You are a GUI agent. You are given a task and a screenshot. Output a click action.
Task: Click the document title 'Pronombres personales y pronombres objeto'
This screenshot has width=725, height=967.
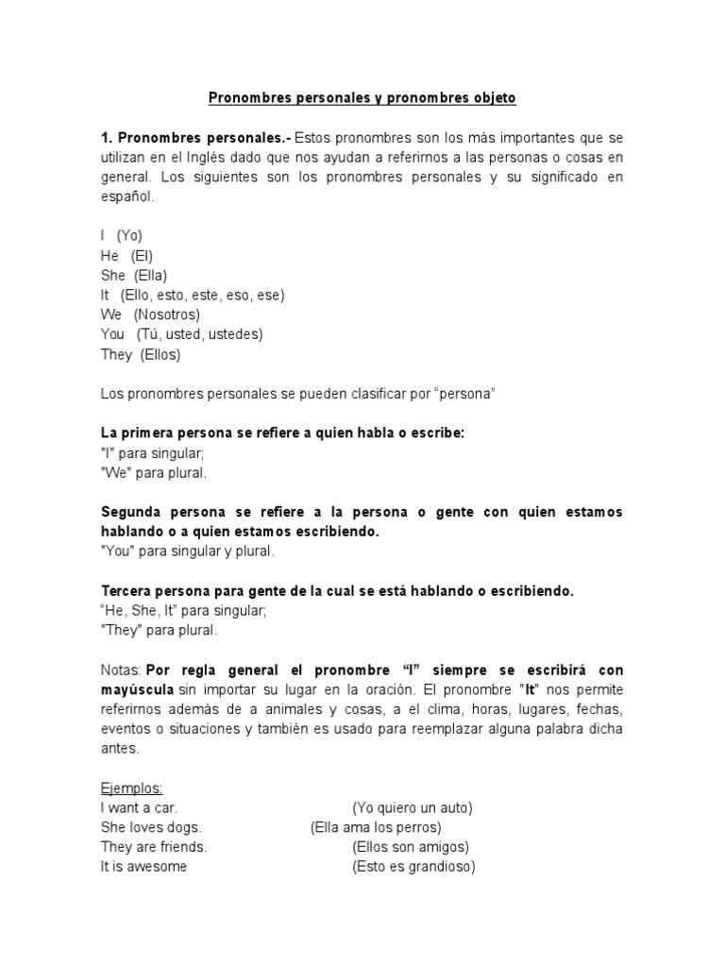pyautogui.click(x=362, y=97)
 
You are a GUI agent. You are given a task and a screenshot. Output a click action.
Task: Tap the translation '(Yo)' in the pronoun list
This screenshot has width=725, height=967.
pyautogui.click(x=129, y=235)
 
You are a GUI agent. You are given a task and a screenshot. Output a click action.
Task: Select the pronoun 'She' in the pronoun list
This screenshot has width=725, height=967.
pyautogui.click(x=113, y=275)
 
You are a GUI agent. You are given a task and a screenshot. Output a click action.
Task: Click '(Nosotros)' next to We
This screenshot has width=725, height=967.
pyautogui.click(x=166, y=314)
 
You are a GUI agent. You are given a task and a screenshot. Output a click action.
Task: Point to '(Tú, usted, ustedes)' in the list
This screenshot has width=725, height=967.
pyautogui.click(x=199, y=334)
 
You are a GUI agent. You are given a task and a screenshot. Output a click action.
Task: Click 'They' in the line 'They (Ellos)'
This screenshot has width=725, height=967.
pyautogui.click(x=116, y=354)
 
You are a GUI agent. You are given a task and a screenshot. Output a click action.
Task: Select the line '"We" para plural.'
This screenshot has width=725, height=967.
pyautogui.click(x=154, y=472)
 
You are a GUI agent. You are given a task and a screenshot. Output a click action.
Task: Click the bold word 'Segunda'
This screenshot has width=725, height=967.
pyautogui.click(x=130, y=512)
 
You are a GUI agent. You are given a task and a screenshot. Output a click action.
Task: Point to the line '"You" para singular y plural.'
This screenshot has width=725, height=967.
pyautogui.click(x=187, y=551)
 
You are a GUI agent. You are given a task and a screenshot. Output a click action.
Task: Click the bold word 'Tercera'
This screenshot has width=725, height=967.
pyautogui.click(x=128, y=591)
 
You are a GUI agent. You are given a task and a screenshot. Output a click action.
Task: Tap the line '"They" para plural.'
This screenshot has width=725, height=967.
pyautogui.click(x=159, y=630)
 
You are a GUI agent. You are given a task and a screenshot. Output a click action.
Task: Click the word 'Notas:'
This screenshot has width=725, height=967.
pyautogui.click(x=121, y=670)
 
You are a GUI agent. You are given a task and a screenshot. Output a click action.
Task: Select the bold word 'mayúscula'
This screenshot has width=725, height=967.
pyautogui.click(x=137, y=689)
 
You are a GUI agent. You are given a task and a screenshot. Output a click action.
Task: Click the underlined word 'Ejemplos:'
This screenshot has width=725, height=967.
pyautogui.click(x=132, y=788)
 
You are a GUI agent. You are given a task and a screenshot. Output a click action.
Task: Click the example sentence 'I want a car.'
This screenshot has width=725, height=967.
pyautogui.click(x=139, y=807)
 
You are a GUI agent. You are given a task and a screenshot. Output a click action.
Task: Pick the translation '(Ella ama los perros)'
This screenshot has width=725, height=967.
pyautogui.click(x=376, y=827)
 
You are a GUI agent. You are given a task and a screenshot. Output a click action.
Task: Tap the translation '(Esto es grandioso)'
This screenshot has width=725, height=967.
pyautogui.click(x=413, y=866)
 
